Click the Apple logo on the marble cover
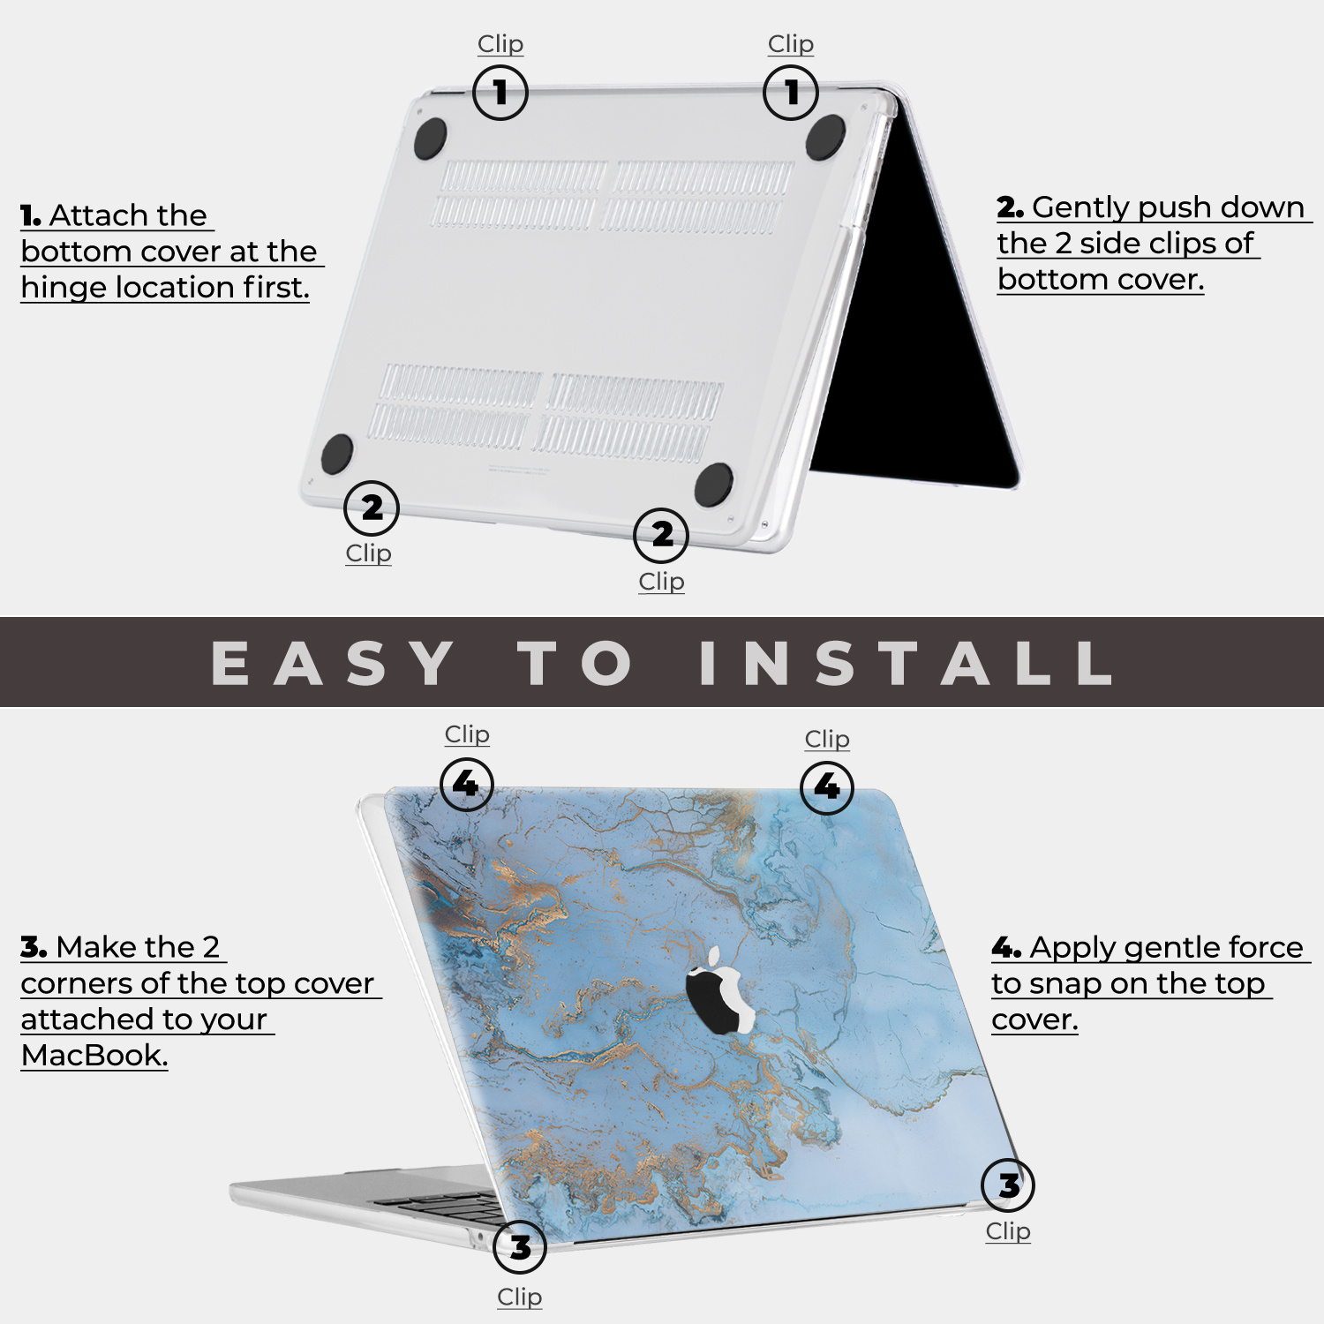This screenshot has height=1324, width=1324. (720, 990)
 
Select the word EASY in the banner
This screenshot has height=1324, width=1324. (333, 663)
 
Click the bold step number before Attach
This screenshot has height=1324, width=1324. (30, 215)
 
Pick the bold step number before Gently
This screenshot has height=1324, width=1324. (1010, 207)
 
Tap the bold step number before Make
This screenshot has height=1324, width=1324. (34, 947)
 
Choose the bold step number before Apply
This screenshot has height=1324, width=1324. (1006, 948)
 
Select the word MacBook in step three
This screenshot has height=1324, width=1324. (94, 1055)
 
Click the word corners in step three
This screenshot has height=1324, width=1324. (76, 983)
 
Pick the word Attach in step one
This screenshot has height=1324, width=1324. (128, 215)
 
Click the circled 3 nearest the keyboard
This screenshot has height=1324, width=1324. (520, 1246)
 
